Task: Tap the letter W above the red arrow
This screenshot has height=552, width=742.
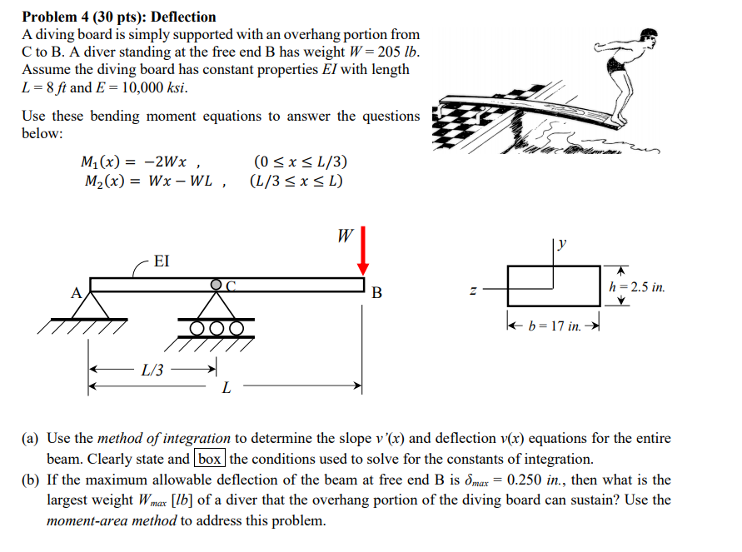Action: point(344,236)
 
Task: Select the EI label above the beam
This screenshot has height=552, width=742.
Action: point(162,261)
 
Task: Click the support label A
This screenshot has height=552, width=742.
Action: point(76,292)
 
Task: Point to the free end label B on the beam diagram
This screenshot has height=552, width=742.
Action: point(377,293)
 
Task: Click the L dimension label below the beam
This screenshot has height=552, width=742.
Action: point(226,388)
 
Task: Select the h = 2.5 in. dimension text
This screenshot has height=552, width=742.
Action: point(637,287)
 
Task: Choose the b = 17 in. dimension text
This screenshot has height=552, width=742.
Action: point(554,326)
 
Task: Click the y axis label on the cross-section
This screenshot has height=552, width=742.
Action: point(563,243)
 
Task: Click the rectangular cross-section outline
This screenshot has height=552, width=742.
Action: point(553,286)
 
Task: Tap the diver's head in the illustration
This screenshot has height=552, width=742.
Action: point(649,35)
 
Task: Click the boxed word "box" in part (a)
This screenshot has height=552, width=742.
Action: point(210,459)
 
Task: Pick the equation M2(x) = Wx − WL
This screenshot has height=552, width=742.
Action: point(147,182)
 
